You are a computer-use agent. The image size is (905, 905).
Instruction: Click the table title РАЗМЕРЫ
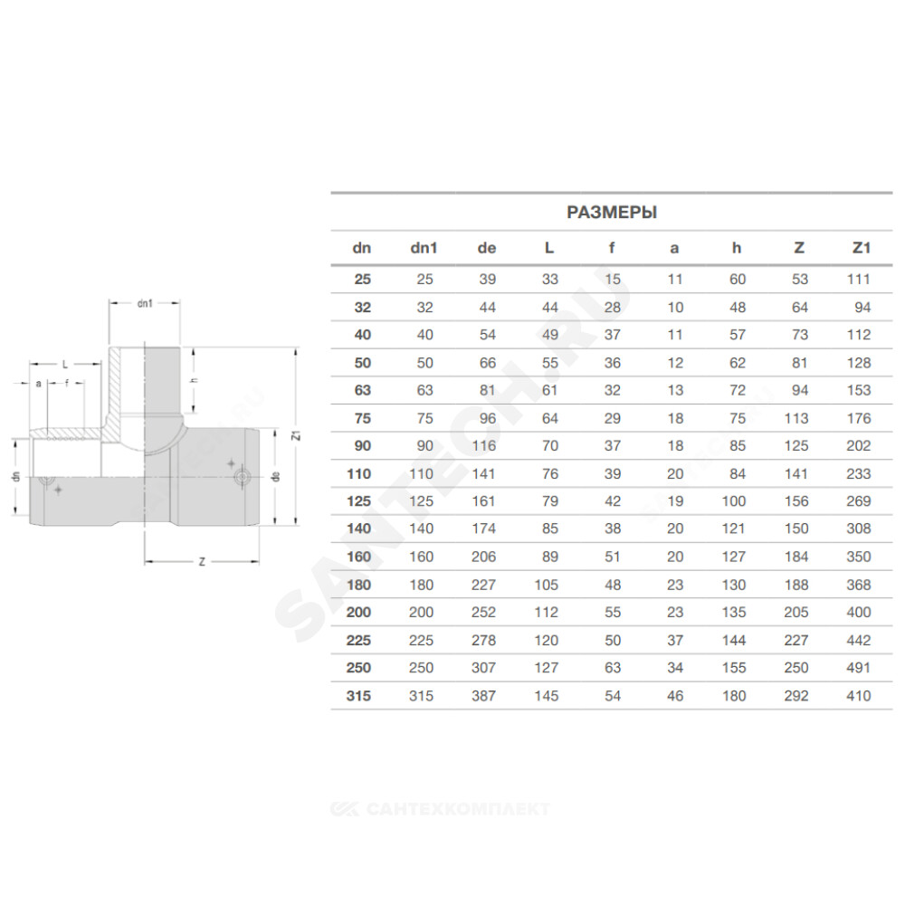coord(612,213)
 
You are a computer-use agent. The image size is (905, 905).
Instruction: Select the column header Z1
coord(862,248)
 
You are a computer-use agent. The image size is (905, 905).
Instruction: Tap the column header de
coord(487,248)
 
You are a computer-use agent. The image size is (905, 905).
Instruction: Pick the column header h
coord(737,248)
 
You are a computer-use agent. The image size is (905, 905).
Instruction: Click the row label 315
coord(358,696)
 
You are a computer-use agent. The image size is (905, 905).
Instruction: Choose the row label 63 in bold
coord(363,391)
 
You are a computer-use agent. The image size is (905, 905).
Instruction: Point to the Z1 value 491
coord(858,668)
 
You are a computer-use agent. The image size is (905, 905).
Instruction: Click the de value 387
coord(483,696)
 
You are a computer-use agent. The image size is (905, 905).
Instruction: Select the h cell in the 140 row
coord(734,529)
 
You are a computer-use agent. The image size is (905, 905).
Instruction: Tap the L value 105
coord(546,586)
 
